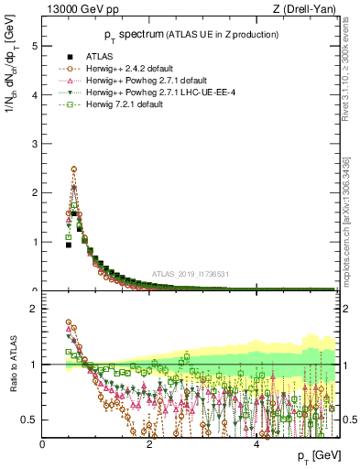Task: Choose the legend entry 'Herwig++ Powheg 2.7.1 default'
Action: pyautogui.click(x=145, y=81)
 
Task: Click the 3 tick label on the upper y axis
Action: pyautogui.click(x=34, y=144)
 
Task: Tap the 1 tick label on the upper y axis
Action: pyautogui.click(x=34, y=242)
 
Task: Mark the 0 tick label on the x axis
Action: pyautogui.click(x=43, y=444)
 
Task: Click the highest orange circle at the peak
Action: pyautogui.click(x=73, y=169)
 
